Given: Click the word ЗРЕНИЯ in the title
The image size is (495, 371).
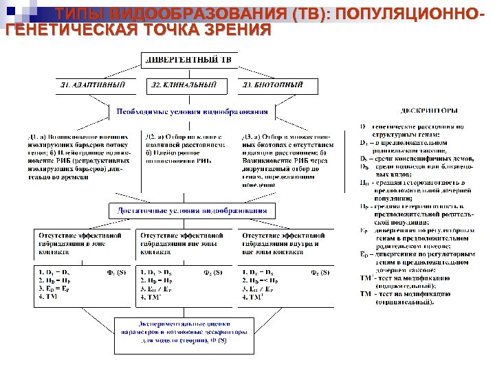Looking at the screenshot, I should (230, 31).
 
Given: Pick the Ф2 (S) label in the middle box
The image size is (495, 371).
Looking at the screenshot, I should (213, 272).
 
